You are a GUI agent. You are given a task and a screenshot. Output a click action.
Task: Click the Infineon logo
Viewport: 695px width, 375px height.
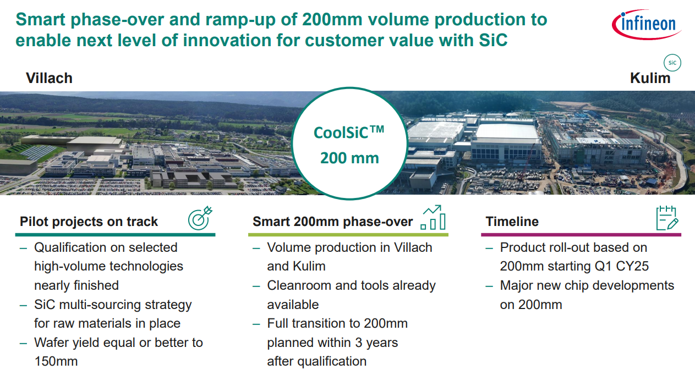click(646, 25)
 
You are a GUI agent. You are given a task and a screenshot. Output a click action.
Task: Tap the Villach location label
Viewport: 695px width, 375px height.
click(49, 78)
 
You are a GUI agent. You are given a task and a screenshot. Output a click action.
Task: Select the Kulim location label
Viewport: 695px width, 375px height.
click(650, 78)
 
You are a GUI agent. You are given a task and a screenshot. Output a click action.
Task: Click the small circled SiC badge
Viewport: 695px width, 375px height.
click(672, 63)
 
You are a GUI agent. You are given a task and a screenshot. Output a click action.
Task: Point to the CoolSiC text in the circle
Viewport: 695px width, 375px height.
click(349, 133)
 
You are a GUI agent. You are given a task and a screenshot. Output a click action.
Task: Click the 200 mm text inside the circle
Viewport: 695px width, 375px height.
click(349, 158)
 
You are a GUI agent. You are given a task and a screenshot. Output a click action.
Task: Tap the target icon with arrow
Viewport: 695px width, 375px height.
click(200, 218)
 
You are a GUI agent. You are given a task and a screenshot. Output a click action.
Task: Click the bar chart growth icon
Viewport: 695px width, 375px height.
click(433, 217)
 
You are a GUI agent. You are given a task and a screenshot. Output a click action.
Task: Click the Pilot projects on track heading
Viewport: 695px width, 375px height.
click(89, 222)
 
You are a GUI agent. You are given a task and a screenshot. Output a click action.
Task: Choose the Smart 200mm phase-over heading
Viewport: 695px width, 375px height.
click(332, 222)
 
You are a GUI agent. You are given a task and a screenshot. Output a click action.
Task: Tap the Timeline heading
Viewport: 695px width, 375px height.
click(512, 222)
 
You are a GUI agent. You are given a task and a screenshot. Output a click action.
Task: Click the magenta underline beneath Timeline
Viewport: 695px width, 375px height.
click(581, 235)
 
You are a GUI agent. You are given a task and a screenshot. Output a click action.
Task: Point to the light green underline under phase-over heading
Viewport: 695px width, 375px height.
click(348, 235)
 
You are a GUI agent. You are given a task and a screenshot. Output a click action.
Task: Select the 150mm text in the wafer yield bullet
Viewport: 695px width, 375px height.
click(56, 361)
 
